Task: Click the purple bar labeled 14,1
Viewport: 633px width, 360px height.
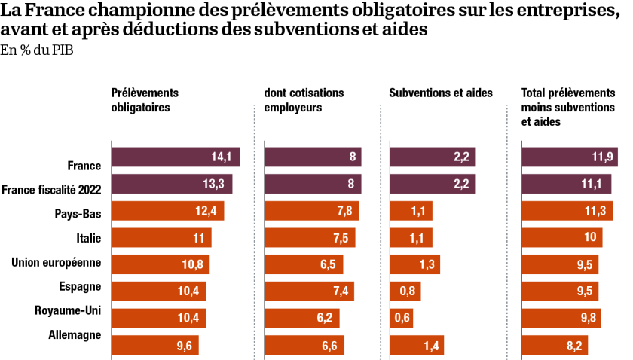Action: (175, 157)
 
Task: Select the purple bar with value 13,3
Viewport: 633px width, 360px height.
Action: (172, 184)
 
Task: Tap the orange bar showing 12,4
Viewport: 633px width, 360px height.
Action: (167, 211)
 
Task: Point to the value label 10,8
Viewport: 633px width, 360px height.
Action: (192, 264)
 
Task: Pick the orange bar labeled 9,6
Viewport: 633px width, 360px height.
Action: (154, 345)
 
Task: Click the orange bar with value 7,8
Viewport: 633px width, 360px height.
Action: (311, 211)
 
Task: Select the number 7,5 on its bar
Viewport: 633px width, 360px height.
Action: (341, 238)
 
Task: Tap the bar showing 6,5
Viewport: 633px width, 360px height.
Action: (304, 264)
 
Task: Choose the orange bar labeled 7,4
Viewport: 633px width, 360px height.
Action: (309, 291)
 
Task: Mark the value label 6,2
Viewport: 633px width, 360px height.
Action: (325, 318)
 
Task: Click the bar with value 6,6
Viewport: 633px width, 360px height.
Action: (304, 345)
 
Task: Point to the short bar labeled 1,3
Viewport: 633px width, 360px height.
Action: (414, 264)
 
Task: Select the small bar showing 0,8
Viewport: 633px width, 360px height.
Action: (405, 291)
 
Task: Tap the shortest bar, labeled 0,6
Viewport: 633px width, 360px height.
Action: (401, 318)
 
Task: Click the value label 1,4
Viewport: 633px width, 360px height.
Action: (431, 346)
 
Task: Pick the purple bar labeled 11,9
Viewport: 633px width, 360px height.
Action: (570, 157)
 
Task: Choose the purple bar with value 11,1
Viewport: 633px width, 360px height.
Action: (567, 184)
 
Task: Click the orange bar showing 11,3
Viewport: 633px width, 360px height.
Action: (567, 211)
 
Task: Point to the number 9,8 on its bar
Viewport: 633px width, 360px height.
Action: (589, 318)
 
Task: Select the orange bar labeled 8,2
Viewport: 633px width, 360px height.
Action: (555, 345)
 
